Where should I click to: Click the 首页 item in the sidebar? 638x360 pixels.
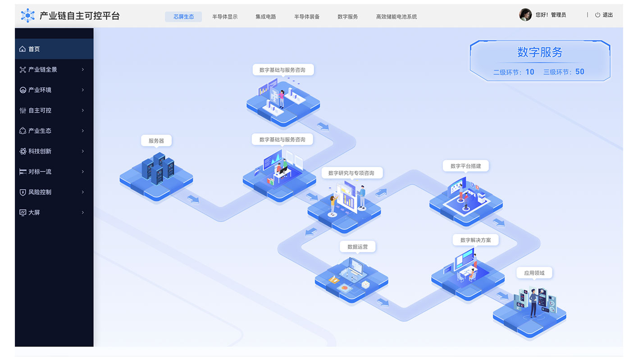point(34,49)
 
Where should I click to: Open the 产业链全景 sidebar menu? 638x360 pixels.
point(43,69)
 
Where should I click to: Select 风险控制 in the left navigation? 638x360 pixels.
point(40,192)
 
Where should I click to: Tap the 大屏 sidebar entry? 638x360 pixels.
point(34,212)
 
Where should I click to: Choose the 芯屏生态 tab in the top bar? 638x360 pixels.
point(184,17)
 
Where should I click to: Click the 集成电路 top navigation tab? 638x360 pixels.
point(266,17)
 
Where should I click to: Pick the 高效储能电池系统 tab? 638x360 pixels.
point(396,17)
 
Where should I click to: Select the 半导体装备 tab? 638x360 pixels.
point(307,17)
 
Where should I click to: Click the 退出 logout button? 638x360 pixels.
point(604,15)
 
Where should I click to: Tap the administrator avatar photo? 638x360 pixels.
point(525,15)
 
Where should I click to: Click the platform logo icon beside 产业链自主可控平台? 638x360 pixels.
point(28,16)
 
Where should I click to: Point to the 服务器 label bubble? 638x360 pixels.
point(156,141)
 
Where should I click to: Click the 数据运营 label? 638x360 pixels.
point(357,247)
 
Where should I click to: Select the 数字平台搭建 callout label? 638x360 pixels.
point(465,166)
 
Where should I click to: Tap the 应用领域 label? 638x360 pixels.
point(534,273)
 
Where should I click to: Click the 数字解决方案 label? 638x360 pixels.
point(475,240)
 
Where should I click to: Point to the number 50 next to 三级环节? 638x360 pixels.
point(580,72)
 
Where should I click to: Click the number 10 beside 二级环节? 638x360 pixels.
point(530,72)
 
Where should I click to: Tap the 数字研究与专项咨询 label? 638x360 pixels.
point(351,173)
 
